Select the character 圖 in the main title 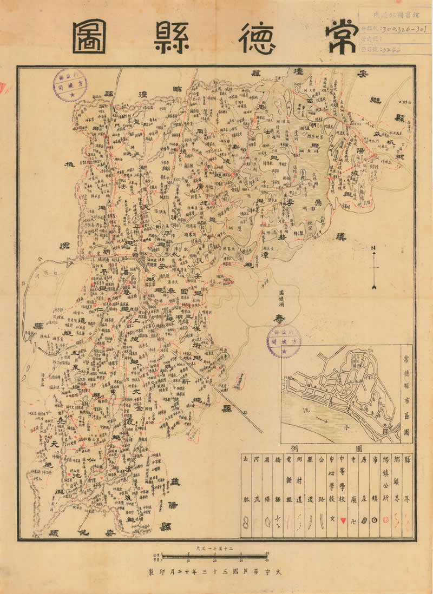point(90,37)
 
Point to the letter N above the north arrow point(373,248)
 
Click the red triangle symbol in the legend point(343,520)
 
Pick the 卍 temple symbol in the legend point(353,520)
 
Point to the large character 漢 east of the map point(341,236)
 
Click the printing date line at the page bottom point(216,571)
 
